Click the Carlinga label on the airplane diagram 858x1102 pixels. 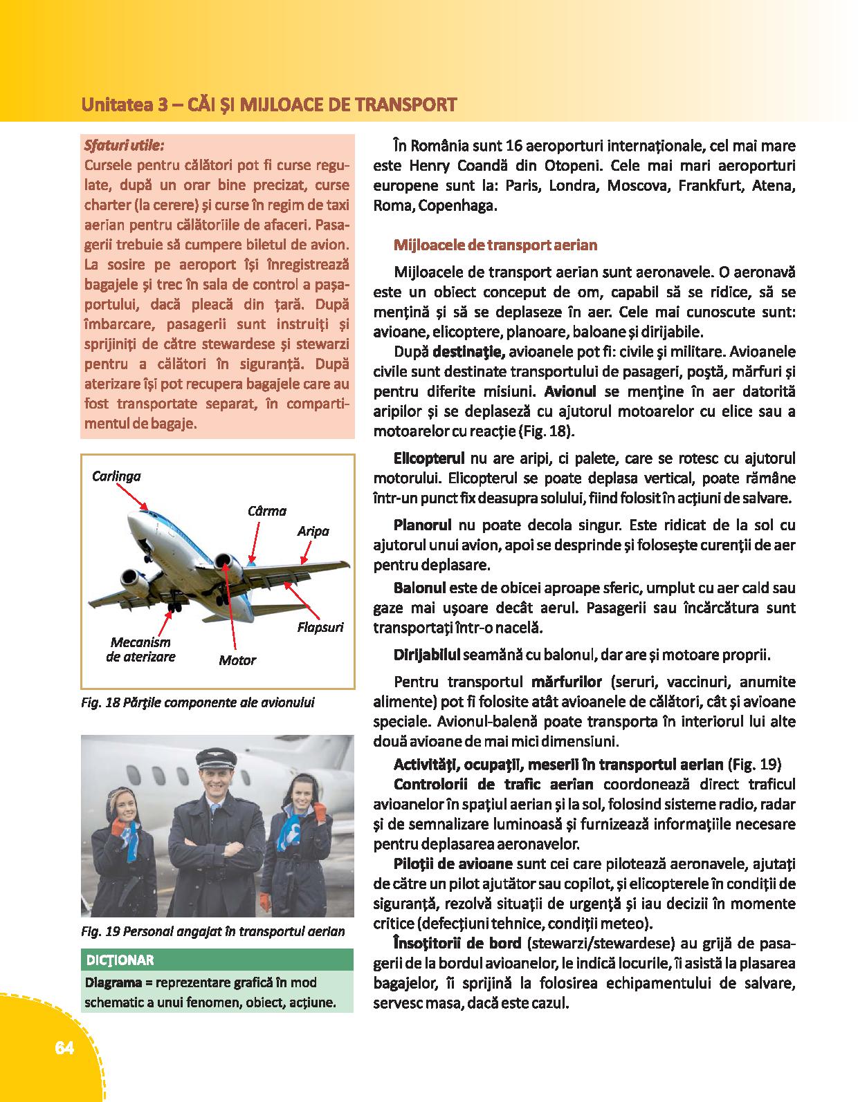116,476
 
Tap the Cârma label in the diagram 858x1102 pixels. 266,511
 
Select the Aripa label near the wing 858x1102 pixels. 313,531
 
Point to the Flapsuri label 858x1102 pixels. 320,628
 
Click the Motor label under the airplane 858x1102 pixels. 237,660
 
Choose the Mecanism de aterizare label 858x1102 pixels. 140,650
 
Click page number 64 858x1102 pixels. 64,1048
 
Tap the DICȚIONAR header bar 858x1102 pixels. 217,960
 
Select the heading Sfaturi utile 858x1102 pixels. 124,147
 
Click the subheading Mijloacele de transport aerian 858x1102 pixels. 495,245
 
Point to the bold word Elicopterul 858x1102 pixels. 428,458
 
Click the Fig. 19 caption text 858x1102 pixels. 212,931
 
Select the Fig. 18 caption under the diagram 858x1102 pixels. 197,703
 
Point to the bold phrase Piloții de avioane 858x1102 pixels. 453,863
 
